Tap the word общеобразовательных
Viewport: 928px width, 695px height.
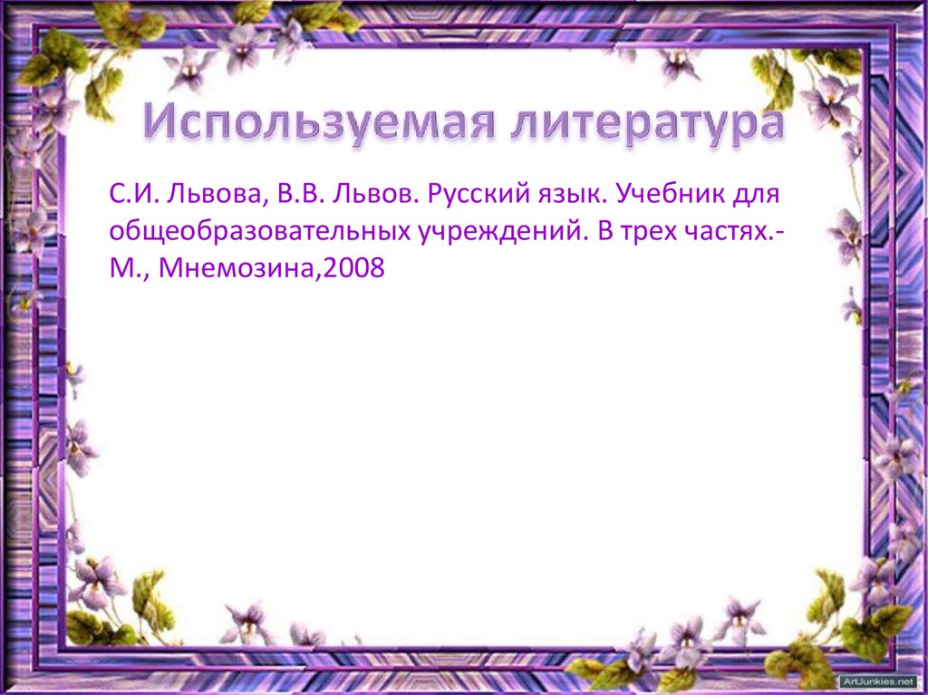click(262, 232)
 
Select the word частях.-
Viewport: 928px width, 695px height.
click(735, 232)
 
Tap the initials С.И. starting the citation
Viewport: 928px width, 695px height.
click(132, 194)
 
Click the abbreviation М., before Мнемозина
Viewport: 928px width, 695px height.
click(128, 270)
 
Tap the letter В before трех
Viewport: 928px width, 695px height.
click(604, 232)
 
